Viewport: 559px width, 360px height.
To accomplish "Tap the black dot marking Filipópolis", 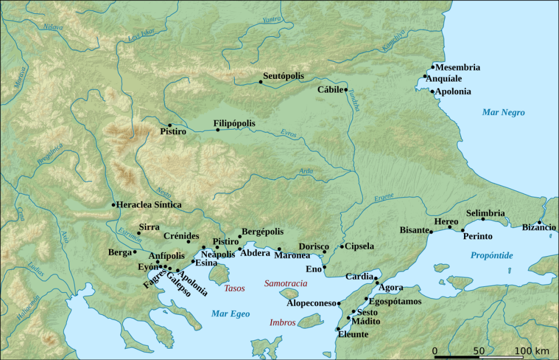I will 218,130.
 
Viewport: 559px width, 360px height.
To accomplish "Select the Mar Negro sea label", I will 503,113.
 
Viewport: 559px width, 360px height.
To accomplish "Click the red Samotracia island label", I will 286,283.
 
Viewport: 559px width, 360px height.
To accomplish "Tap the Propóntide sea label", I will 491,255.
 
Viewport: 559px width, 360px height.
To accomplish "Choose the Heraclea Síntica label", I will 149,205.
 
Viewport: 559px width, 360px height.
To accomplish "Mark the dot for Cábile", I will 346,89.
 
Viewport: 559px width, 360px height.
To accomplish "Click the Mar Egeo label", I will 230,314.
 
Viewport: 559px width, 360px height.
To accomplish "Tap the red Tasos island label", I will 234,289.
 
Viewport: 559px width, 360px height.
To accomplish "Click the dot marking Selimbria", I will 483,219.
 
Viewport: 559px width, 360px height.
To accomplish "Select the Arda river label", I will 306,171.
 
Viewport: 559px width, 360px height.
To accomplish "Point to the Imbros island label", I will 282,323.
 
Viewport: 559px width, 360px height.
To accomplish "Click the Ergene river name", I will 383,197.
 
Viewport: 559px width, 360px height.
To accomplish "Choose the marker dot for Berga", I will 135,252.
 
